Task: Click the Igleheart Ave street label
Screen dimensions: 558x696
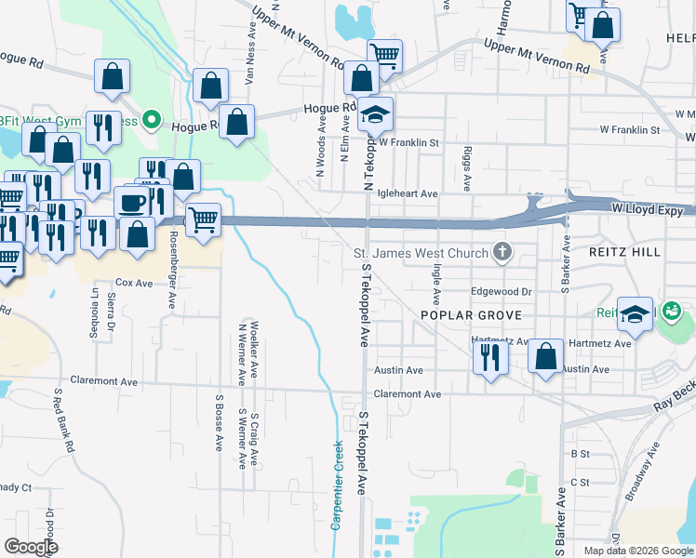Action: (x=408, y=193)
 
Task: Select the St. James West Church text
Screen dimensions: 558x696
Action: (x=421, y=253)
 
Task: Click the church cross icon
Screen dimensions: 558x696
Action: (x=502, y=250)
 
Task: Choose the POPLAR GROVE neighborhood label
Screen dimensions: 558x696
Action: (x=467, y=315)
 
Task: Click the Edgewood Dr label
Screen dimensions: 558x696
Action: (x=501, y=291)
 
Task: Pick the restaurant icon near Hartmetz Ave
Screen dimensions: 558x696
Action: (x=489, y=356)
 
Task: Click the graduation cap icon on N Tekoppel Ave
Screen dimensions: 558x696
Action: (x=377, y=114)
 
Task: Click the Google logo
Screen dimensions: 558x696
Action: (x=31, y=546)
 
